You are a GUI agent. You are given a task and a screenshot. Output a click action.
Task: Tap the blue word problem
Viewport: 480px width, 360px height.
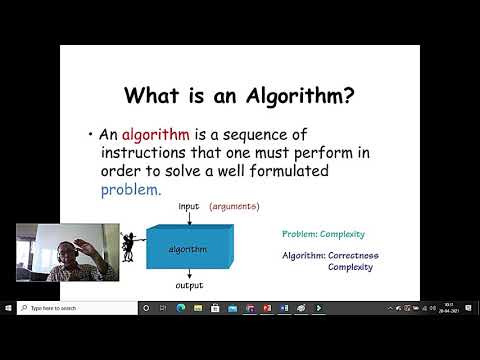(130, 189)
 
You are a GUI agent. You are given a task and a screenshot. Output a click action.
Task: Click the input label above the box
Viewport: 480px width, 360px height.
(189, 207)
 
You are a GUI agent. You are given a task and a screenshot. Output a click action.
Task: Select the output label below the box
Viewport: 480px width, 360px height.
(190, 285)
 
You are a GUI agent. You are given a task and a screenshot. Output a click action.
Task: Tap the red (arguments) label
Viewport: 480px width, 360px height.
(234, 207)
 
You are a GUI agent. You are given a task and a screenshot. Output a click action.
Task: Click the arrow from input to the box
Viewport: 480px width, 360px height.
(190, 218)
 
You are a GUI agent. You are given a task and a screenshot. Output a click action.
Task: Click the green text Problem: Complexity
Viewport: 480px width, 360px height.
(322, 234)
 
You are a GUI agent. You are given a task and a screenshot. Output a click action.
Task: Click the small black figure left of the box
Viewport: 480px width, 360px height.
(129, 247)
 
